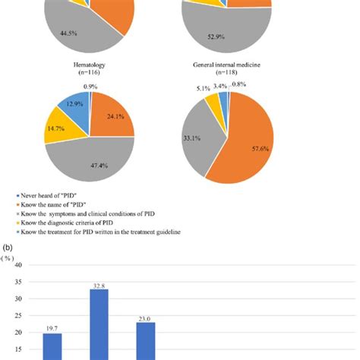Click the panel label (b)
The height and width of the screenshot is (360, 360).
8,247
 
